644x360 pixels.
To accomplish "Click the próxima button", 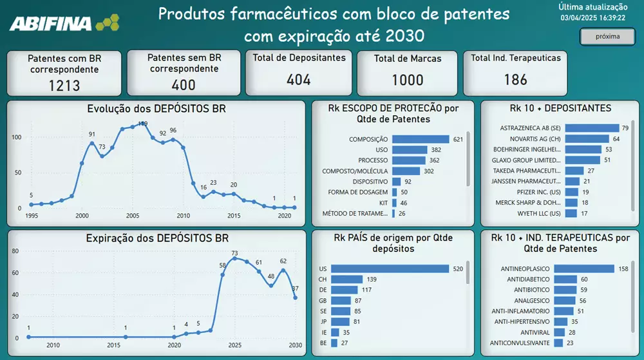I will pyautogui.click(x=607, y=37).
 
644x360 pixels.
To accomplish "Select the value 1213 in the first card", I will pyautogui.click(x=64, y=85).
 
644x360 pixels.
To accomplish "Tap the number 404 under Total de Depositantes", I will pyautogui.click(x=299, y=80).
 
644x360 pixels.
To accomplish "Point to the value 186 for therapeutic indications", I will pyautogui.click(x=515, y=80).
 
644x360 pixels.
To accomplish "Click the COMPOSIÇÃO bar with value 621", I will pyautogui.click(x=420, y=139).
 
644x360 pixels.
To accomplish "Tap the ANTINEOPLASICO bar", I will pyautogui.click(x=583, y=269).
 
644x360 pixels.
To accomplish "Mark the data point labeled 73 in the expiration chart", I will pyautogui.click(x=235, y=258).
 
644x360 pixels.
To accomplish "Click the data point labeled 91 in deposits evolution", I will pyautogui.click(x=92, y=142).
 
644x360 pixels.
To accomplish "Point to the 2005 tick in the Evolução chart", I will pyautogui.click(x=133, y=216).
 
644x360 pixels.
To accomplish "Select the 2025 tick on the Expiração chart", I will pyautogui.click(x=234, y=346).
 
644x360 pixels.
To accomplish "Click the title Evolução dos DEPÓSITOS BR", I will pyautogui.click(x=156, y=109).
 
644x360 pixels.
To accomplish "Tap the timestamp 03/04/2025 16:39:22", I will pyautogui.click(x=592, y=18).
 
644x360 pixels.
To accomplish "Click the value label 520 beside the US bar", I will pyautogui.click(x=458, y=269).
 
